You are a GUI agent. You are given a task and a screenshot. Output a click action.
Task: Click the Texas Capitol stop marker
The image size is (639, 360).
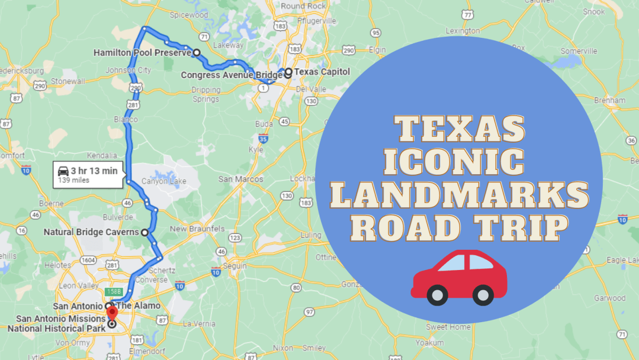click(288, 72)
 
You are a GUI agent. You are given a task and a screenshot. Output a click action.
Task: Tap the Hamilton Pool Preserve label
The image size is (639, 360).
click(142, 53)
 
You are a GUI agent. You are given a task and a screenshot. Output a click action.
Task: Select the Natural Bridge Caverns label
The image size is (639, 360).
click(91, 232)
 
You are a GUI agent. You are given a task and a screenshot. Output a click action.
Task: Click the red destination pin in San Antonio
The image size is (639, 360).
click(112, 313)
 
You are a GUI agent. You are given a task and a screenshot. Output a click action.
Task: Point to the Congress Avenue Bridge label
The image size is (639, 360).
click(231, 75)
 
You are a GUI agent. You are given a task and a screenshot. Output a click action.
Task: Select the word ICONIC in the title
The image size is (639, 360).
click(454, 162)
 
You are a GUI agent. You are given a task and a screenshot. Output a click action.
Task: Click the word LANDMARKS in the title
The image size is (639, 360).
click(460, 195)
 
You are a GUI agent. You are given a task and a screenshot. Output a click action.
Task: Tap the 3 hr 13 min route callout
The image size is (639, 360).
click(88, 174)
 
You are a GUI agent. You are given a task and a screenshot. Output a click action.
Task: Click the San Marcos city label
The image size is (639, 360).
click(241, 179)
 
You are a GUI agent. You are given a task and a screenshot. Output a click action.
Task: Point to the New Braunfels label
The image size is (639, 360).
click(196, 229)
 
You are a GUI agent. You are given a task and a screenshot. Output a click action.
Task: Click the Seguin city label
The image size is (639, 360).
click(235, 266)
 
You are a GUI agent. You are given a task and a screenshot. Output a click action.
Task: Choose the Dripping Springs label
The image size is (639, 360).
click(206, 95)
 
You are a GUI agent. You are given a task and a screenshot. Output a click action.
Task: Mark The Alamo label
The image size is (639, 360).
click(138, 306)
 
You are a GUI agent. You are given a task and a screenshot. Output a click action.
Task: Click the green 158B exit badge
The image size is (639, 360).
click(113, 291)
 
